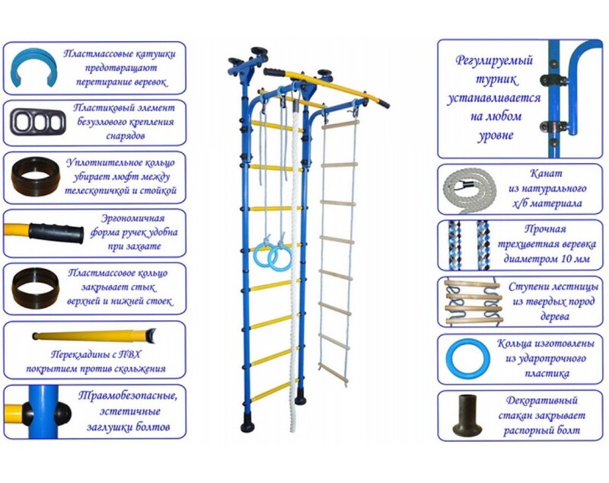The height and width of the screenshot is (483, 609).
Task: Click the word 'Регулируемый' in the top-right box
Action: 495,59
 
